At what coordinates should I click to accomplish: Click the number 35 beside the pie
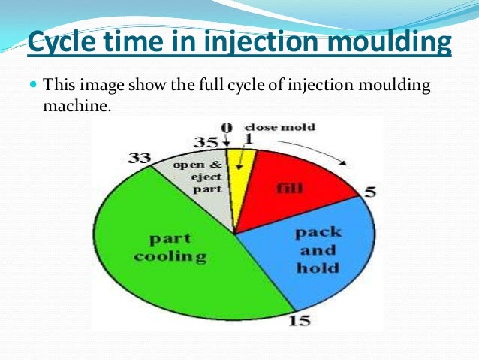tap(206, 141)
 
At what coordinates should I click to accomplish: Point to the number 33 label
tap(140, 159)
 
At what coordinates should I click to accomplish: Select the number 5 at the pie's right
tap(369, 191)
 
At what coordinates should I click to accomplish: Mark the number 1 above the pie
tap(249, 138)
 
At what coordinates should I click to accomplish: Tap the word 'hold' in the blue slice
tap(318, 267)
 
